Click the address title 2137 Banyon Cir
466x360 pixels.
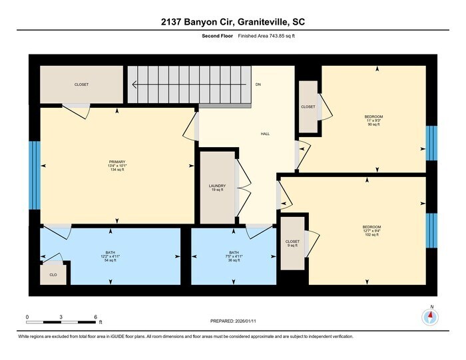(232, 23)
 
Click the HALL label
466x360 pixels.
(264, 134)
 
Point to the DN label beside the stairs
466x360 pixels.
(258, 85)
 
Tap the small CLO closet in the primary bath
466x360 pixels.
(53, 273)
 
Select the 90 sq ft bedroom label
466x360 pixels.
(373, 120)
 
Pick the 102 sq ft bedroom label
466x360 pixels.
(371, 230)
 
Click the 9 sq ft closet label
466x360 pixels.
(292, 244)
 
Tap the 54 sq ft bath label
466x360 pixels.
(110, 256)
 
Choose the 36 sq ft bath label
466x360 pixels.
(234, 256)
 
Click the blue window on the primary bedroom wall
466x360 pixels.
(35, 174)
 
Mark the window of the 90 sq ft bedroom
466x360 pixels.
(431, 143)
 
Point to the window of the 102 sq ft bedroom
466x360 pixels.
(431, 230)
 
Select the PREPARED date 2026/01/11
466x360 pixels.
(232, 323)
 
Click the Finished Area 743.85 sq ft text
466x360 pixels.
(266, 35)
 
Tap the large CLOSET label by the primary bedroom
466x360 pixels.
(81, 85)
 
